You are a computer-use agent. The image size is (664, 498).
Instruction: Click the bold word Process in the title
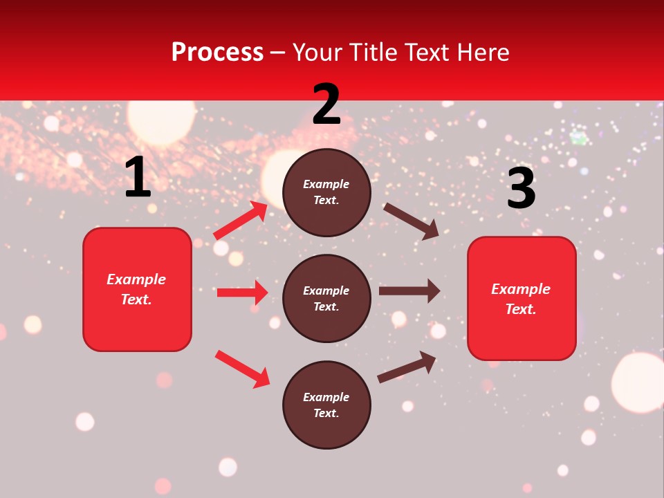coord(217,52)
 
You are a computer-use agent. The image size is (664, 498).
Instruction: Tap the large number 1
coord(138,178)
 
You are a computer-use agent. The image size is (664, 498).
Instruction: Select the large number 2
coord(326,104)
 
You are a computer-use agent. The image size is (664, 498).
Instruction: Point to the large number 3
coord(521,189)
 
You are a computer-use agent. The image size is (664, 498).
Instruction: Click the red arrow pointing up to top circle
coord(241,220)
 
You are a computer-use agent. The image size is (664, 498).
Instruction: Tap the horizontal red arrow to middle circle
coord(242,293)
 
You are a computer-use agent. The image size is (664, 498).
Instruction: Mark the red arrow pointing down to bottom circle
coord(242,369)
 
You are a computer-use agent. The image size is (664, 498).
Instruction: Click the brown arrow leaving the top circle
coord(411,221)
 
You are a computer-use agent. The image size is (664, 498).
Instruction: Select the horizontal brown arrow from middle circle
coord(409,290)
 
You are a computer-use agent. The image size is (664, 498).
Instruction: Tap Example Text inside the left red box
coord(136,289)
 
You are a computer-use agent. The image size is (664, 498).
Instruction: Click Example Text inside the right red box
coord(521,299)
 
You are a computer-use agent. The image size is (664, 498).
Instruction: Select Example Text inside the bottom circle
coord(326,405)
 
